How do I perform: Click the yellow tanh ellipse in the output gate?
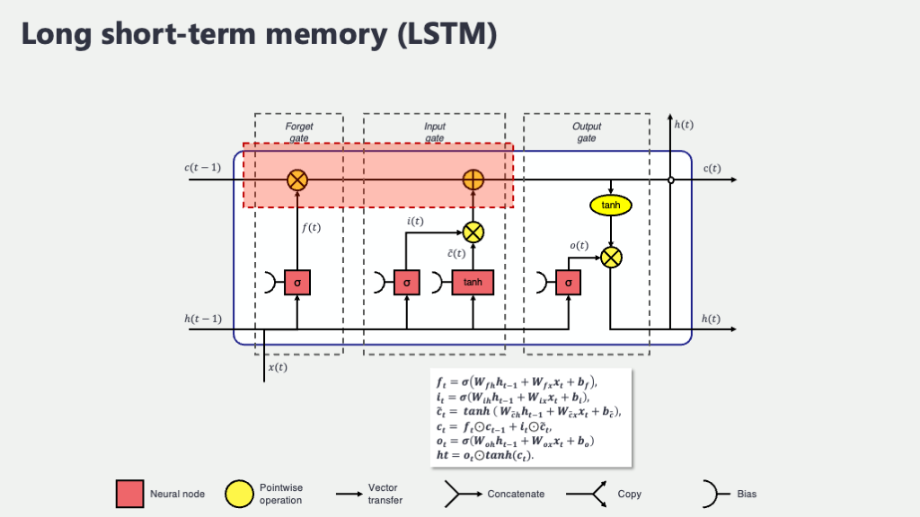click(611, 206)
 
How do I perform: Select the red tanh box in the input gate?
click(473, 283)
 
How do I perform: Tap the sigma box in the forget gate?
click(297, 283)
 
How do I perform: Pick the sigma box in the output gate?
click(568, 283)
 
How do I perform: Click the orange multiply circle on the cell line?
click(297, 180)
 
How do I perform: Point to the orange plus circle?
click(473, 180)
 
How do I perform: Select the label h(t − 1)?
click(202, 319)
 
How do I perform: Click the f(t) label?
click(311, 228)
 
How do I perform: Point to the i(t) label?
click(416, 221)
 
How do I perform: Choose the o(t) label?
click(579, 245)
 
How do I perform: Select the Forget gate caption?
click(299, 132)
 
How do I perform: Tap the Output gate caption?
click(586, 132)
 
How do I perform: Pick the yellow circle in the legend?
click(239, 494)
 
